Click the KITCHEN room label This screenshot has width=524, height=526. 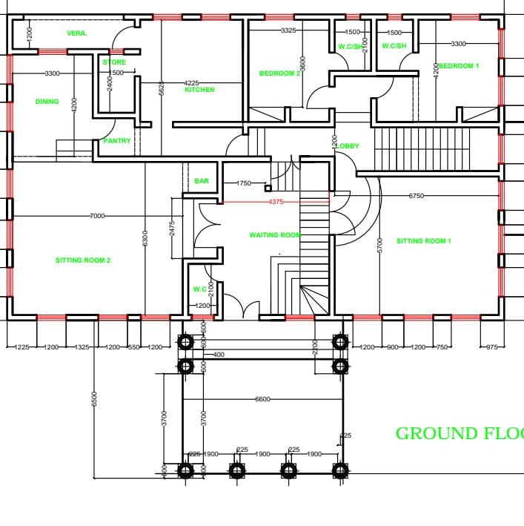coord(199,90)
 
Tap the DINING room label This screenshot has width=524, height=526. coord(47,102)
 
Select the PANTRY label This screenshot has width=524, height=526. coord(117,141)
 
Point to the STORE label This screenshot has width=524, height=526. coord(114,62)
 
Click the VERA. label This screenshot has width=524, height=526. coord(77,33)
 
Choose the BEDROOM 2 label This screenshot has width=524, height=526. coord(279,73)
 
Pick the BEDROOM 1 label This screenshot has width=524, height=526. coord(459,66)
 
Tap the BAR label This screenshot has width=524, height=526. coord(202,181)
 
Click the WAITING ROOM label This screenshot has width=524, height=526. coord(275,235)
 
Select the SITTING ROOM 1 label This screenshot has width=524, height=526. coord(423,241)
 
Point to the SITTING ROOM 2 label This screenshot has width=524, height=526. coord(83,260)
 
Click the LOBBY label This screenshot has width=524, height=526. coord(348,146)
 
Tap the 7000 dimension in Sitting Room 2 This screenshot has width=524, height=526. coord(97,216)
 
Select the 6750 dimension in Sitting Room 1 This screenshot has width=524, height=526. coord(417,196)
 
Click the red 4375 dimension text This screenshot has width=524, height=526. coord(276,202)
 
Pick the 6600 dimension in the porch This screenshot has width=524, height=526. coord(262,399)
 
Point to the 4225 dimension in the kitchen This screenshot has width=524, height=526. coord(191,83)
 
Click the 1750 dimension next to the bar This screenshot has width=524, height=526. coord(244,183)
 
